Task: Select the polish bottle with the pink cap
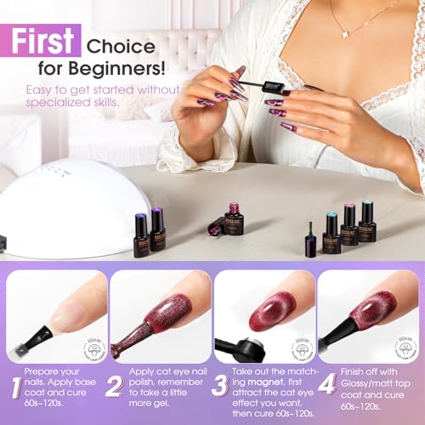point(348,226)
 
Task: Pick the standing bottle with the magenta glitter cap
point(233,218)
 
